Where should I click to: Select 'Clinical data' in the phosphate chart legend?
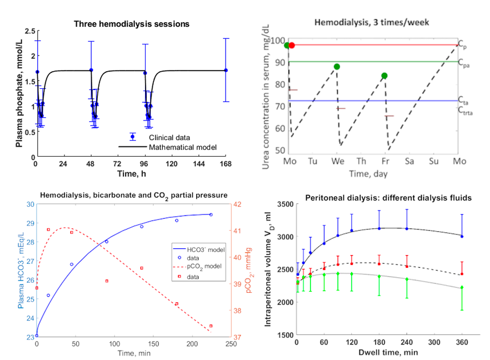pos(169,137)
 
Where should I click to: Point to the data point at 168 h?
pos(226,70)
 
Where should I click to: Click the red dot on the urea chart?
pos(292,45)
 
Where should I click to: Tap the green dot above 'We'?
pos(337,67)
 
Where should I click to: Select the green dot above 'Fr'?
pos(384,76)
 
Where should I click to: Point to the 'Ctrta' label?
pos(465,109)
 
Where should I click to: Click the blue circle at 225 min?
pos(211,214)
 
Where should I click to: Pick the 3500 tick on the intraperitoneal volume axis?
pos(283,204)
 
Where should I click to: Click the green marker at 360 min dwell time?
pos(462,287)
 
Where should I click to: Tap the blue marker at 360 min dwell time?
pos(462,236)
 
